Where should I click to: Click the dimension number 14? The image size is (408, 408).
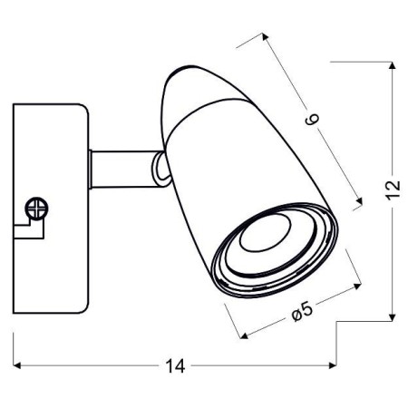tap(176, 366)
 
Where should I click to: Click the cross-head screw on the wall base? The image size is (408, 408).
tap(37, 208)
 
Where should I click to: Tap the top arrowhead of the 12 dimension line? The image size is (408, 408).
tap(393, 66)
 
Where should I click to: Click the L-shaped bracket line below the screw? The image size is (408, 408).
tap(27, 235)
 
